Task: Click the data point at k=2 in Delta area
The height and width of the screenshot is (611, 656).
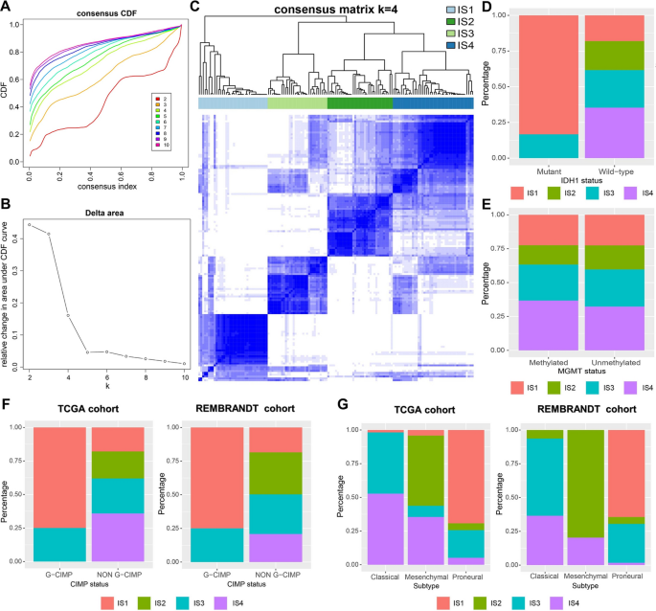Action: tap(29, 225)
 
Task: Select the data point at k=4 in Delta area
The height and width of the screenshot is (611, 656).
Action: tap(68, 315)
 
